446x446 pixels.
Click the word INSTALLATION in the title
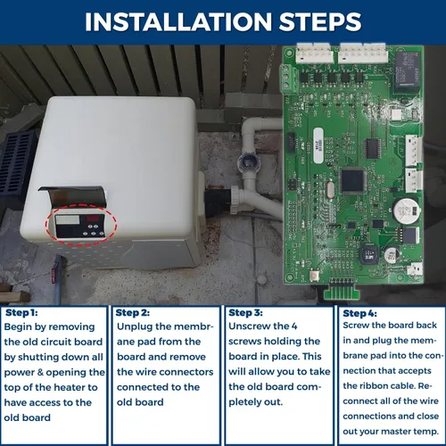pyautogui.click(x=178, y=21)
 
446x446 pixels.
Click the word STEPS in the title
pyautogui.click(x=320, y=21)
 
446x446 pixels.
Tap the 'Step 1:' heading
pyautogui.click(x=21, y=312)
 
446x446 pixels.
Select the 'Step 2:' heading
pyautogui.click(x=133, y=312)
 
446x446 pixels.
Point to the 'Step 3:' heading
pyautogui.click(x=245, y=312)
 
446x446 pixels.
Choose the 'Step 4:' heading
pyautogui.click(x=359, y=313)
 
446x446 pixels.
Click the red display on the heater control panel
pyautogui.click(x=93, y=219)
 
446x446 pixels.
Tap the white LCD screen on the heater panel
pyautogui.click(x=68, y=219)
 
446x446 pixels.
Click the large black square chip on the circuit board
pyautogui.click(x=352, y=180)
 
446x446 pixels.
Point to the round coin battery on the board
pyautogui.click(x=407, y=211)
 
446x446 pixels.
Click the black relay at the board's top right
pyautogui.click(x=408, y=70)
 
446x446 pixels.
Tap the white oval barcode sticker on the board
pyautogui.click(x=318, y=145)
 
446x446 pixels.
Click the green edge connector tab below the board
pyautogui.click(x=342, y=291)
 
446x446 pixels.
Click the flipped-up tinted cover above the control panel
pyautogui.click(x=73, y=196)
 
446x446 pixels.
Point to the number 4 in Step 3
pyautogui.click(x=294, y=326)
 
